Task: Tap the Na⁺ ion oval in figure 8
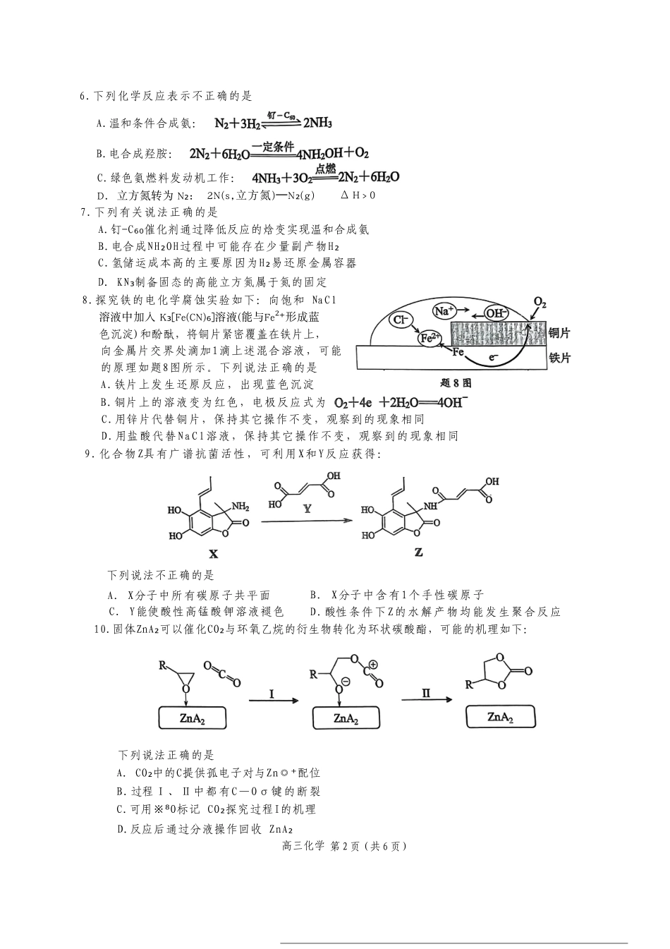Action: point(444,310)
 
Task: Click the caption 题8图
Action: point(455,383)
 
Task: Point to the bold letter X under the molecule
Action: point(213,555)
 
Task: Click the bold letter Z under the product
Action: point(418,552)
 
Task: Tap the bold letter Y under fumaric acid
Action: point(307,508)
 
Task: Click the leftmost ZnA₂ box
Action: point(192,719)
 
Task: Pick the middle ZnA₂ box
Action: point(346,719)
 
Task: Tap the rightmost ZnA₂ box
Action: point(500,717)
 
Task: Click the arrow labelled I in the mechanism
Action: point(272,700)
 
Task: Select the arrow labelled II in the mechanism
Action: point(426,699)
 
